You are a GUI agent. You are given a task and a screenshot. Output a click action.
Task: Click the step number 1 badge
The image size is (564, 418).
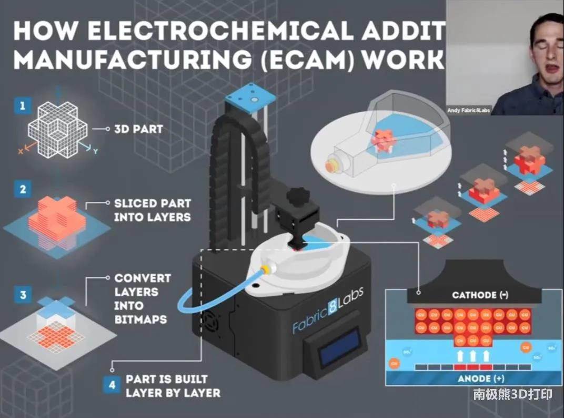click(x=22, y=106)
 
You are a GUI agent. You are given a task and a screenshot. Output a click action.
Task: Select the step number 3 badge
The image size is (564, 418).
click(x=23, y=295)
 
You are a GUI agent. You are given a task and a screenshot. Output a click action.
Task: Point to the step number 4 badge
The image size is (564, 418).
click(x=112, y=385)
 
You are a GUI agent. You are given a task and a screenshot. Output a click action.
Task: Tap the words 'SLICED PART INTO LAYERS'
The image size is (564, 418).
click(x=152, y=210)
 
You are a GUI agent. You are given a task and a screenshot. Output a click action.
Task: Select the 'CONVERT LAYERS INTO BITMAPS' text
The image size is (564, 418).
click(x=143, y=298)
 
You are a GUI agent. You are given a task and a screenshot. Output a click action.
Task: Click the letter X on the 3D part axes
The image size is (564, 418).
click(x=21, y=151)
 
